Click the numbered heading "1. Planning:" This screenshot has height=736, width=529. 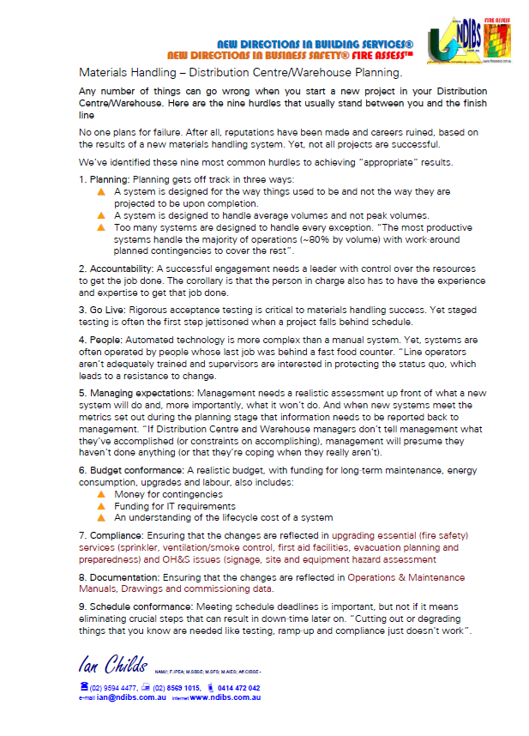coord(103,178)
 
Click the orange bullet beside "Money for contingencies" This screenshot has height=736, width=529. coord(101,495)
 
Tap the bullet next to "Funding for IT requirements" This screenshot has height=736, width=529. coord(101,506)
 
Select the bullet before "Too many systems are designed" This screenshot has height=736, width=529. coord(101,228)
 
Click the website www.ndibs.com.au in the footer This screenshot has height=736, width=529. coord(225,698)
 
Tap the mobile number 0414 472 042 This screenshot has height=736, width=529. coord(236,687)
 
